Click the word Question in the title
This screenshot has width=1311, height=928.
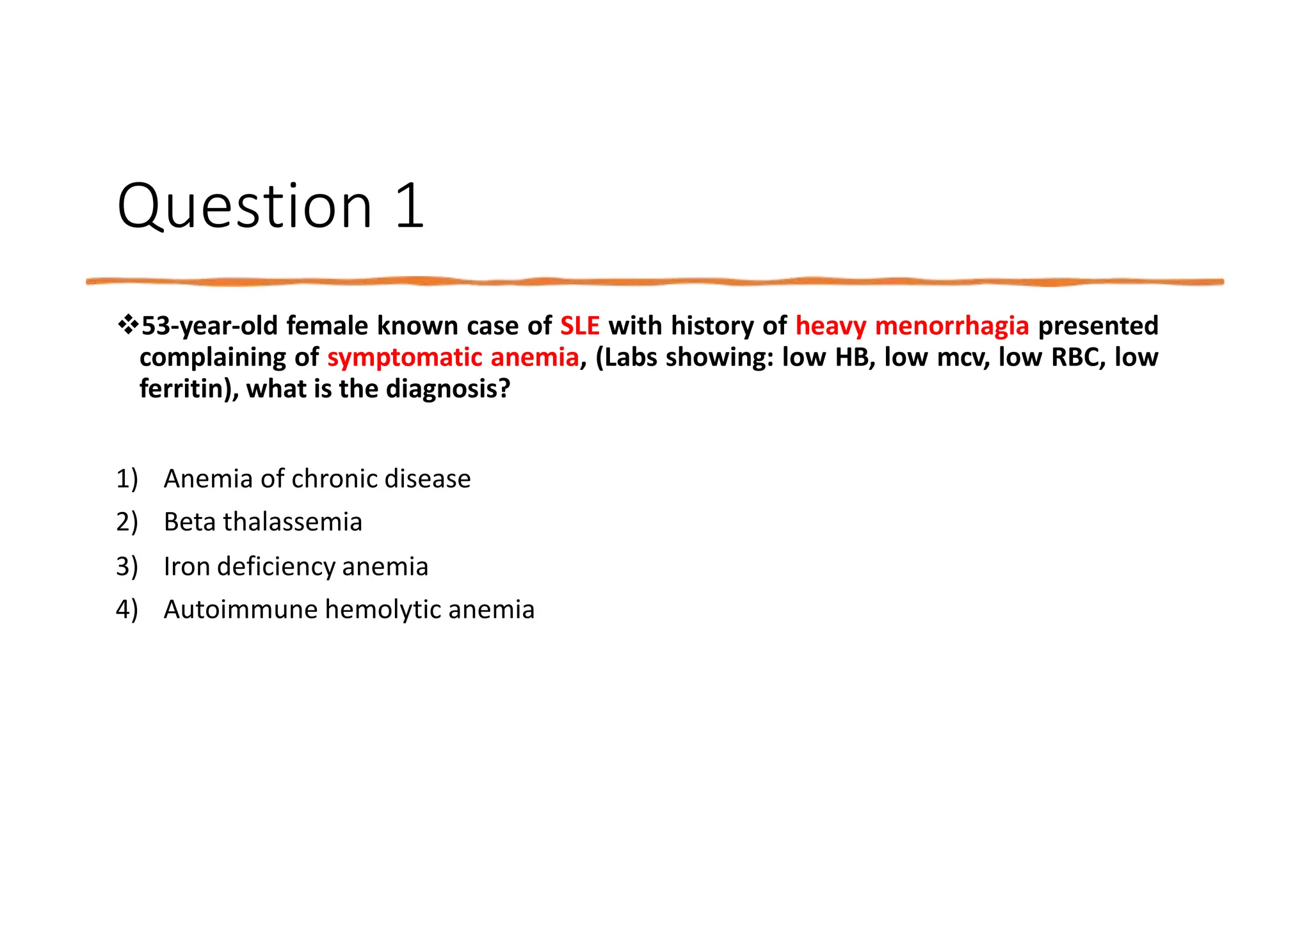245,206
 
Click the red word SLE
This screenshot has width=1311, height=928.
579,326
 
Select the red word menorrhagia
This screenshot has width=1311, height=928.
951,326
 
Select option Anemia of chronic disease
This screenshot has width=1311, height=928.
317,479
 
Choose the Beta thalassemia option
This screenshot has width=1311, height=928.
262,522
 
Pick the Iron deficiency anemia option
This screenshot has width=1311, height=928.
296,566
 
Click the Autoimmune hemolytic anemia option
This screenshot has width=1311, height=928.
349,609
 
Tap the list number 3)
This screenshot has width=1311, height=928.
127,566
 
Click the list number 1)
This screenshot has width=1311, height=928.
127,479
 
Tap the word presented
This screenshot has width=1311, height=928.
1097,326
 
